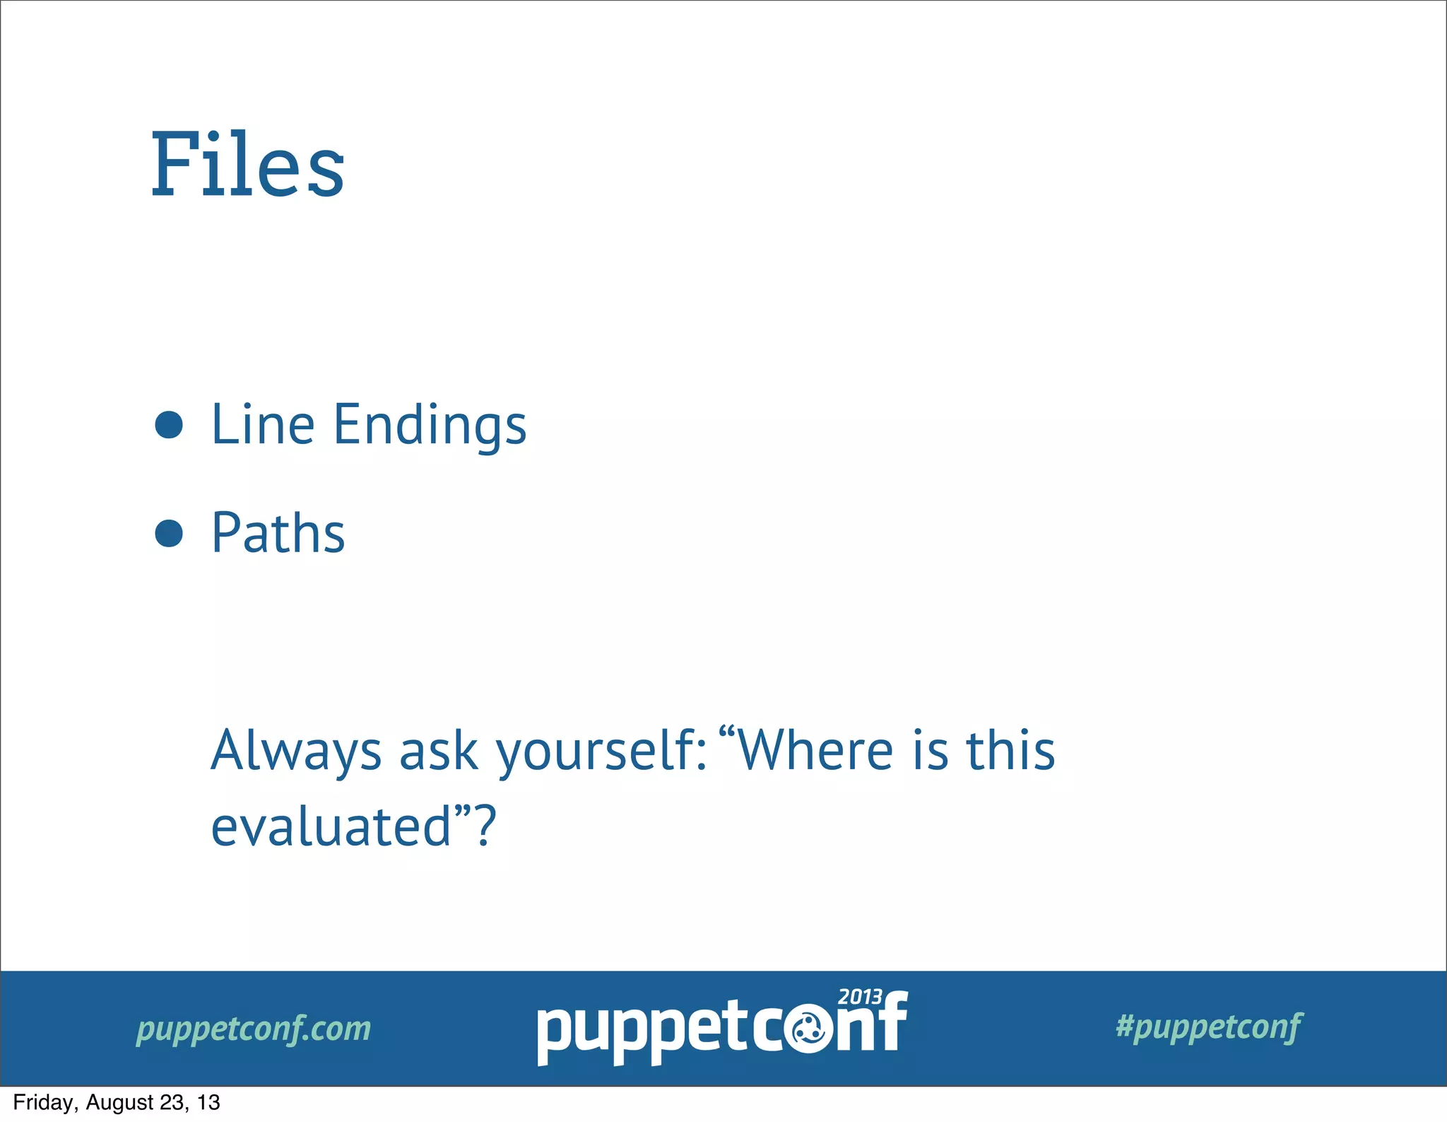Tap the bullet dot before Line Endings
point(169,425)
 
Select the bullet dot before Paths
point(169,533)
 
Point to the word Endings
point(430,426)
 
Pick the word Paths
point(278,533)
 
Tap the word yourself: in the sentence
point(601,751)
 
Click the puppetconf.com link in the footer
point(254,1029)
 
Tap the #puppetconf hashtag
point(1209,1027)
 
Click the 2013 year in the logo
point(860,997)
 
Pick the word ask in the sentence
point(439,751)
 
